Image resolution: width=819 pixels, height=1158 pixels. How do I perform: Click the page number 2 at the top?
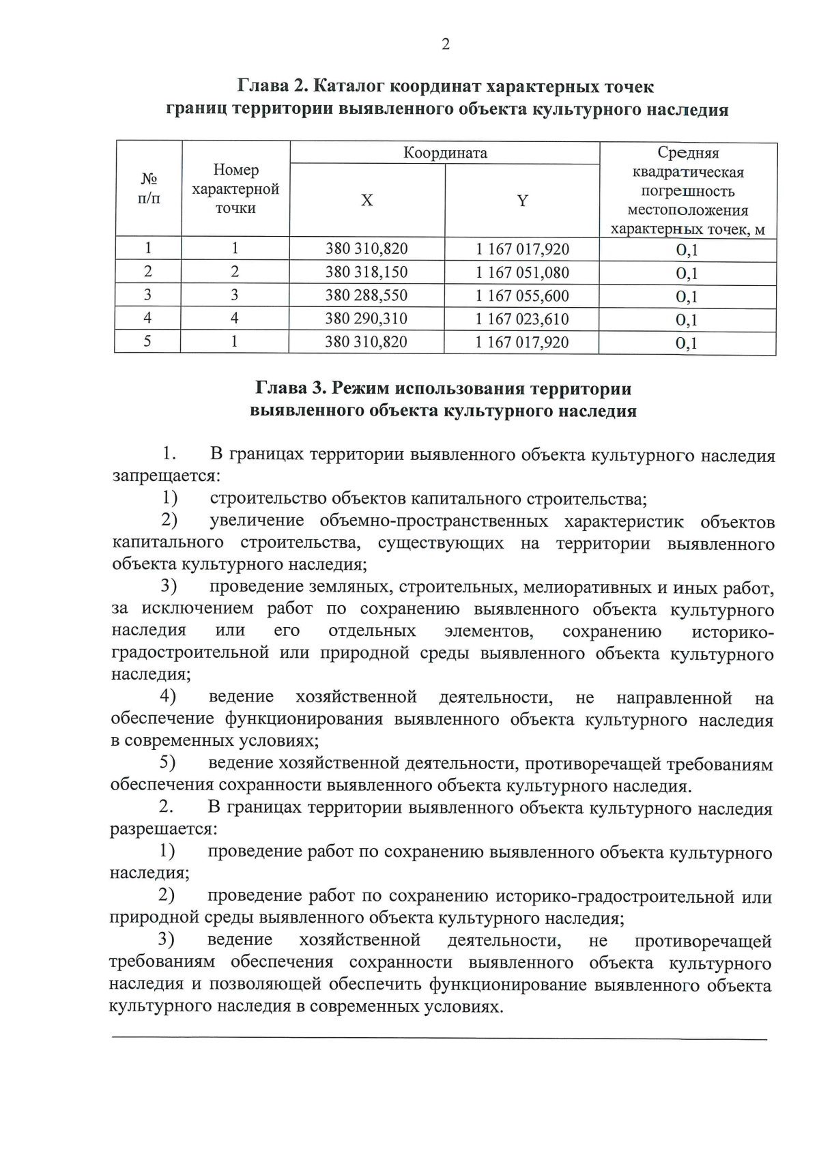coord(446,45)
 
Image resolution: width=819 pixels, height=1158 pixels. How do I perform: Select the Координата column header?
coord(445,153)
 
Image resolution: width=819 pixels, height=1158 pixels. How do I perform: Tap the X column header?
coord(367,201)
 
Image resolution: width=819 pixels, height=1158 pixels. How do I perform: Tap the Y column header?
coord(522,201)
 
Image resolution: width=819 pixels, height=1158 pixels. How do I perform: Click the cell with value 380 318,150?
coord(367,272)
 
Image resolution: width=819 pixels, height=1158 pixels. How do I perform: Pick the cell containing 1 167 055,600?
coord(522,295)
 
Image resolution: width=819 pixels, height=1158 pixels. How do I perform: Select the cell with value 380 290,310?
coord(367,319)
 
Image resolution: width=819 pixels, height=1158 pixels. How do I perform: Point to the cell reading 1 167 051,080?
coord(522,272)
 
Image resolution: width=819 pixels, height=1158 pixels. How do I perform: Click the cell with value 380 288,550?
coord(367,295)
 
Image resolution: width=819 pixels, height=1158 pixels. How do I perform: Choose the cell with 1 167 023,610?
coord(522,319)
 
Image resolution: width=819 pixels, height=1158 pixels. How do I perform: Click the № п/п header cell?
coord(149,188)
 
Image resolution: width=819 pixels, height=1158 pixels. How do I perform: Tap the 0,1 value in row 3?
coord(687,297)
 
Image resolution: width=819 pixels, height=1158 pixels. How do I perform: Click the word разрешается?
coord(162,830)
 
